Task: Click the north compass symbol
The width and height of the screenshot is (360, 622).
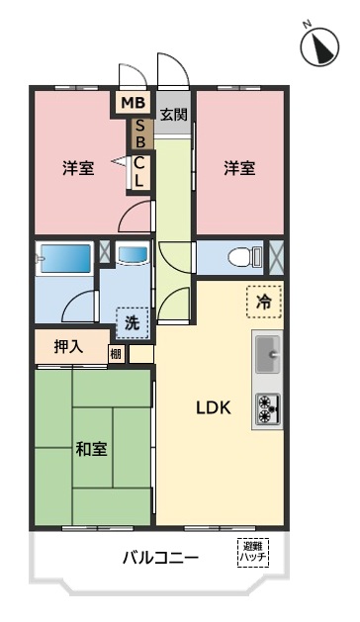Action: (x=319, y=46)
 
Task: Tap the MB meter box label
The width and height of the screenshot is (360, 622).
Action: (x=133, y=103)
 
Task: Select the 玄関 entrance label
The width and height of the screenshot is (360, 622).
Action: (x=173, y=115)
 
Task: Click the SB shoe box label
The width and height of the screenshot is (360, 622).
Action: (x=140, y=133)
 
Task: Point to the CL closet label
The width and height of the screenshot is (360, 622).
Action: (x=138, y=172)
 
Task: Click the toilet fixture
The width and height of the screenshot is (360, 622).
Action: (x=245, y=257)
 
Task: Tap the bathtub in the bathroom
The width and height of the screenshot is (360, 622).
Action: (x=66, y=259)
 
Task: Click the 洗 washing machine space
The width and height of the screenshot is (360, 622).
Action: (x=133, y=323)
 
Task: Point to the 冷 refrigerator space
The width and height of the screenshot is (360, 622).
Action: (x=263, y=302)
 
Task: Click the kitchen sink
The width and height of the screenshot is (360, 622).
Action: (x=268, y=354)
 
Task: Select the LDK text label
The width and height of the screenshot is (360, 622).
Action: (x=214, y=407)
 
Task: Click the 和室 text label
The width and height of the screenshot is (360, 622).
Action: (x=91, y=450)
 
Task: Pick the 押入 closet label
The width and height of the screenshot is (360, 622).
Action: (x=68, y=347)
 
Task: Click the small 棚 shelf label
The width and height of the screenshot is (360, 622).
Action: (x=116, y=353)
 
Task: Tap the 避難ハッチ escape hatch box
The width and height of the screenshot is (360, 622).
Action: (x=253, y=552)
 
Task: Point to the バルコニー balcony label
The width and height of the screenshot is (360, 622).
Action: (x=160, y=559)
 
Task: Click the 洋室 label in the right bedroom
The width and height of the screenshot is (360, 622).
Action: (x=239, y=168)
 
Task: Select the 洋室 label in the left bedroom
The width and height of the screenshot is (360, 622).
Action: (x=78, y=168)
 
